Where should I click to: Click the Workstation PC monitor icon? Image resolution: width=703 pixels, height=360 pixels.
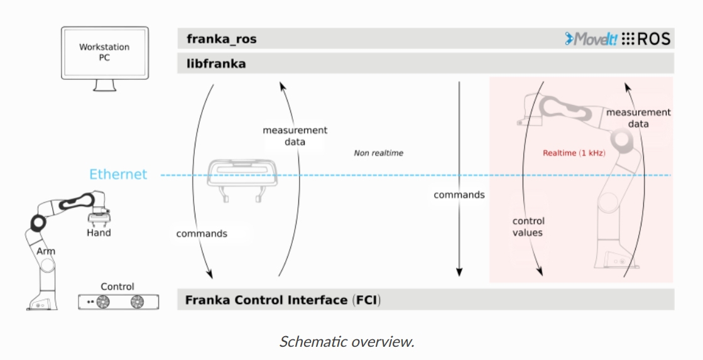[105, 53]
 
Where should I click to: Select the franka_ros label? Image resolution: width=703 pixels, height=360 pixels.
[221, 39]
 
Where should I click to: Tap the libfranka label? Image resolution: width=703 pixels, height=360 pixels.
[215, 63]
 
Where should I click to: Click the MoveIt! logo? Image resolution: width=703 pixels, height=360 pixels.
[591, 39]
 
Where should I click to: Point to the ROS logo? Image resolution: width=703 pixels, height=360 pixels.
[646, 39]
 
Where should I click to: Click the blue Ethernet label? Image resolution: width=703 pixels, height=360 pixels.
[118, 175]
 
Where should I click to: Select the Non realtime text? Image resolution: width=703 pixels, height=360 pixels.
[378, 153]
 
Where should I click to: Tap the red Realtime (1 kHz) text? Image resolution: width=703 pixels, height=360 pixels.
[574, 153]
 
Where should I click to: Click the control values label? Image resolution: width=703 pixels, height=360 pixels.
[528, 227]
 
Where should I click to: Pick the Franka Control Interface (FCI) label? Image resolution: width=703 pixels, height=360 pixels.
[283, 300]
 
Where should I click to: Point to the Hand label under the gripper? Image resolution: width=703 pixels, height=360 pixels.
[99, 233]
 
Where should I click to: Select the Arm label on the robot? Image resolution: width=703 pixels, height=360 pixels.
[45, 251]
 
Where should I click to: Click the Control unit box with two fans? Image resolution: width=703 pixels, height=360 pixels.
[119, 302]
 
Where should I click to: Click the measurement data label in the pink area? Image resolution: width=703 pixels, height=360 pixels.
[638, 118]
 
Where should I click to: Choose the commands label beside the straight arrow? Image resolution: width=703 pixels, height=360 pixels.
[459, 195]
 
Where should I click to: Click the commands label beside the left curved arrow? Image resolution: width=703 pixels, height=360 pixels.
[202, 233]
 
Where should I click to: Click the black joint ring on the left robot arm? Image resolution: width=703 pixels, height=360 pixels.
[36, 222]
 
